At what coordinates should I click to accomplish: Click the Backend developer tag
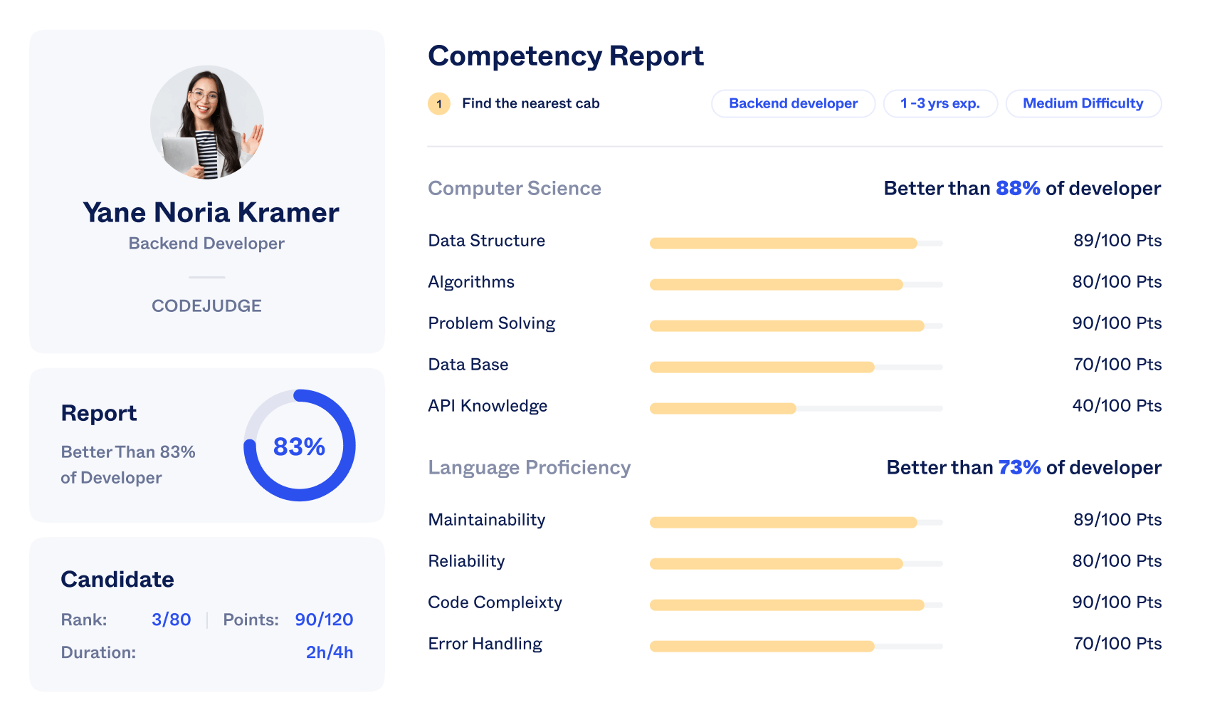click(793, 103)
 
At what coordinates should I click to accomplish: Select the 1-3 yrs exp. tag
click(940, 103)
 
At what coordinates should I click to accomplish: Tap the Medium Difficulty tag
click(1083, 103)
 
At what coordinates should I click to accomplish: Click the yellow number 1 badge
click(439, 104)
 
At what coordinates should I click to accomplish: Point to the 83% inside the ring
click(299, 447)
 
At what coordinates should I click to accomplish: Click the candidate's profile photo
click(207, 122)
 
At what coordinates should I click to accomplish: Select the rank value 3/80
click(171, 620)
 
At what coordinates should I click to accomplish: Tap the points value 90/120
click(324, 620)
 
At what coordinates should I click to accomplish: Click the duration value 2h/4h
click(329, 652)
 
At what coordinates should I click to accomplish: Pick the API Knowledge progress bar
click(796, 409)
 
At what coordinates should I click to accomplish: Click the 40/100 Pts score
click(1116, 406)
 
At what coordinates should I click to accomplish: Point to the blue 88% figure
click(1018, 188)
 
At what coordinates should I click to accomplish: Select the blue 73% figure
click(1019, 467)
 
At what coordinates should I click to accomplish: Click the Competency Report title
click(565, 56)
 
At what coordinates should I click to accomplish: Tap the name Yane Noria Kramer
click(211, 212)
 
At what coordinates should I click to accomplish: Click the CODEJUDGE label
click(206, 306)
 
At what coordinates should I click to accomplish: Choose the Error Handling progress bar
click(796, 647)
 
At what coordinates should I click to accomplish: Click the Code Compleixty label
click(495, 602)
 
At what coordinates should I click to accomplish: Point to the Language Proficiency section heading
click(529, 467)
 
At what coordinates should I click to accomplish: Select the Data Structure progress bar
click(796, 244)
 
